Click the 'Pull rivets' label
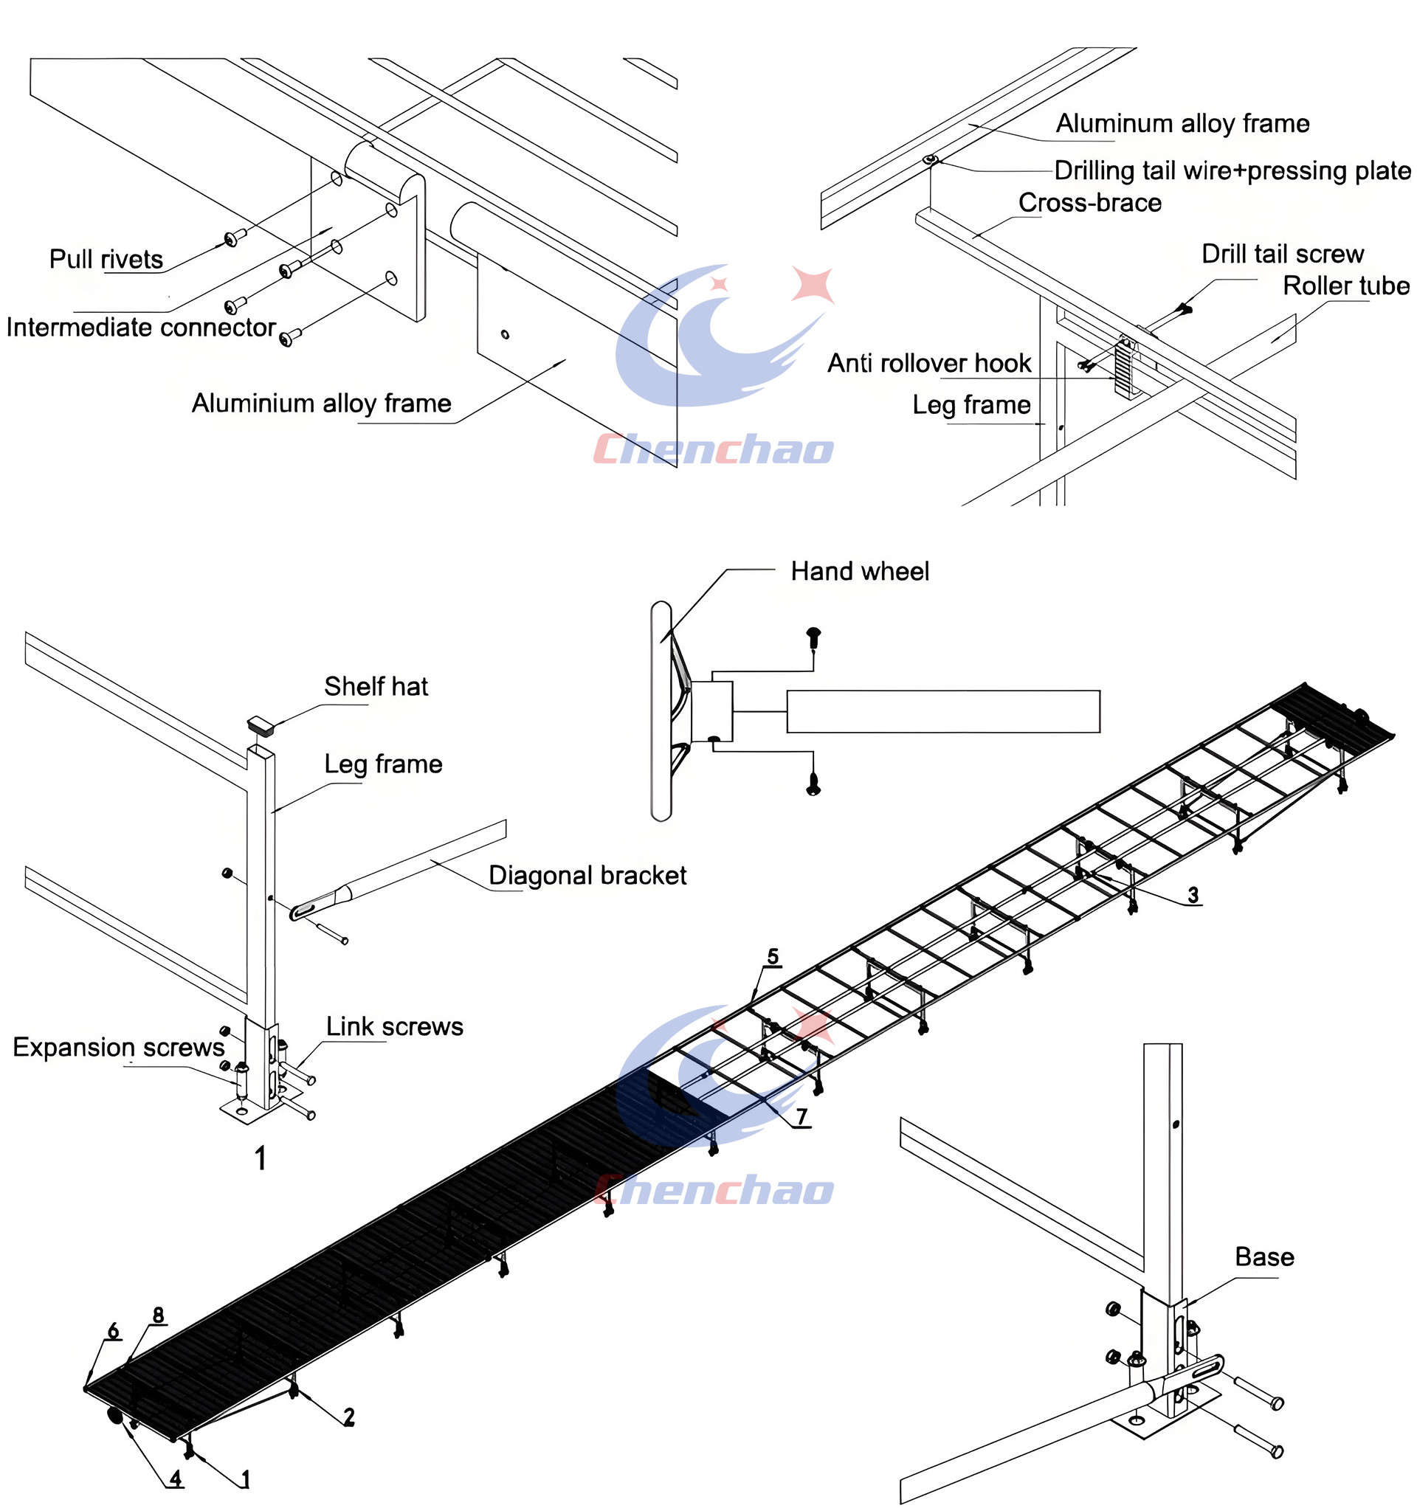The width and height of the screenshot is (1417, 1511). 106,259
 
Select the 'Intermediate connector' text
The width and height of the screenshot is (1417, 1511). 141,328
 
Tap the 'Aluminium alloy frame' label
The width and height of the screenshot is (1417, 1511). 322,403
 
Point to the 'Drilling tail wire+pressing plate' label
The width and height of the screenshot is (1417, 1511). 1232,170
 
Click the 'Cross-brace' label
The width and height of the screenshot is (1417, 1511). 1090,203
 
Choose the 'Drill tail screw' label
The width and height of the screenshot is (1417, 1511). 1283,254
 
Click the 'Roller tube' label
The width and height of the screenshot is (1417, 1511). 1346,286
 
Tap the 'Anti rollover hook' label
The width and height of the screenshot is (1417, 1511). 929,363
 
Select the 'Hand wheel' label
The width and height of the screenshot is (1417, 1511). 860,572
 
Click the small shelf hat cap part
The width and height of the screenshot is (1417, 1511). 261,725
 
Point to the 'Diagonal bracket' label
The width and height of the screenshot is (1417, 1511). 587,876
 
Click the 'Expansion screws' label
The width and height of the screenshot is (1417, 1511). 119,1048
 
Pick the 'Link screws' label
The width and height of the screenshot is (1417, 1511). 395,1027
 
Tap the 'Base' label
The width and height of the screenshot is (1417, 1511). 1264,1257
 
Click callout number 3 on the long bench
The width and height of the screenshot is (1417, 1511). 1193,896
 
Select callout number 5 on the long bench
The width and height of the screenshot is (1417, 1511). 773,956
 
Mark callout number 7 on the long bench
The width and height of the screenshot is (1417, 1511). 801,1116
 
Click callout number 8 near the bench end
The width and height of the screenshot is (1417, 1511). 158,1315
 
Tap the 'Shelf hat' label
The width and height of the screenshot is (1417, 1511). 376,686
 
